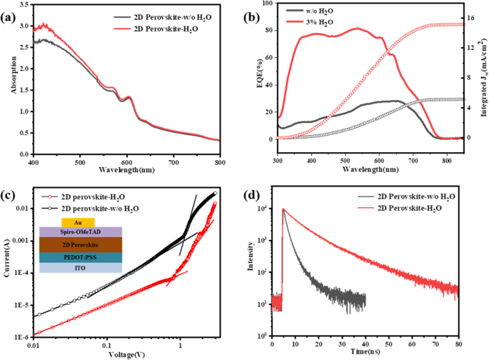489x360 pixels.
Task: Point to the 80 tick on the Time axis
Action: click(x=458, y=344)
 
